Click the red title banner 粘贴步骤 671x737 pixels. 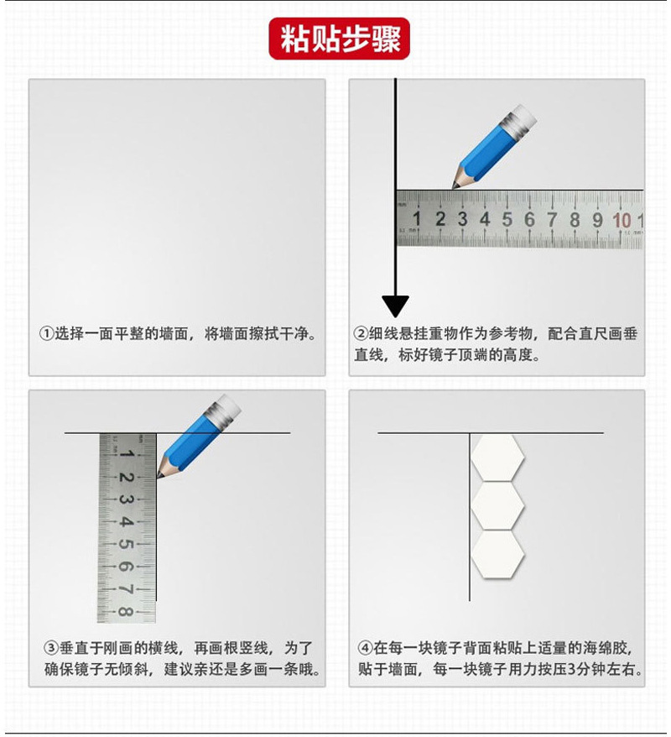click(x=339, y=39)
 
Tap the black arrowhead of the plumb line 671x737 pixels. click(x=395, y=306)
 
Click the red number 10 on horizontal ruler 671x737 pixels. click(x=622, y=220)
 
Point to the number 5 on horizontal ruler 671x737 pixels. click(x=507, y=219)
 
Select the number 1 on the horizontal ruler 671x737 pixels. click(x=417, y=219)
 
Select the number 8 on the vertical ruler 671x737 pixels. click(x=126, y=611)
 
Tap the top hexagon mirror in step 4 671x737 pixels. click(x=497, y=458)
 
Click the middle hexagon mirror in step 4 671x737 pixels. click(x=497, y=506)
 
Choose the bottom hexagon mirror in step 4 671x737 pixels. click(x=497, y=554)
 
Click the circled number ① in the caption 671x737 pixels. click(x=47, y=333)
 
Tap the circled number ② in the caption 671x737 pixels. click(x=361, y=333)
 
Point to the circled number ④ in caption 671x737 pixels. click(x=365, y=648)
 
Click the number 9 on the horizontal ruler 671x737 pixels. click(x=597, y=220)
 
